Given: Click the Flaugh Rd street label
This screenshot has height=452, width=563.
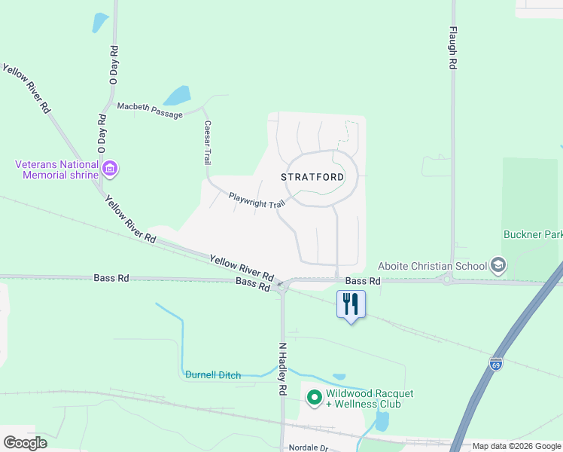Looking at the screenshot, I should click(453, 49).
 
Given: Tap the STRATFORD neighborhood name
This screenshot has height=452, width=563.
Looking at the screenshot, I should click(312, 178).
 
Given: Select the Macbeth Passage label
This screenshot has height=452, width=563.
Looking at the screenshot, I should click(150, 111).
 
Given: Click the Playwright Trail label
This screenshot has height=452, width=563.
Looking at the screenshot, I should click(257, 200).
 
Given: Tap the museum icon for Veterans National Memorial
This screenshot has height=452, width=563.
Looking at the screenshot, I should click(110, 167).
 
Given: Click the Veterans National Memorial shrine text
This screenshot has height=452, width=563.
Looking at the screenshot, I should click(57, 169).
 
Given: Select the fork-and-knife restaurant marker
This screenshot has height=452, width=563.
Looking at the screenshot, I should click(350, 304).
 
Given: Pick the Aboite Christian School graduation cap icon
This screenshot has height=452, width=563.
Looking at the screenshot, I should click(497, 264).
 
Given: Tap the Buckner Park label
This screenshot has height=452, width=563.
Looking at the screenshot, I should click(532, 235).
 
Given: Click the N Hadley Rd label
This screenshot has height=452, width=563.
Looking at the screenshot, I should click(283, 369).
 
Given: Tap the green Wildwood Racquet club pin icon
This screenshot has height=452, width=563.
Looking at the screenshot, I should click(313, 396).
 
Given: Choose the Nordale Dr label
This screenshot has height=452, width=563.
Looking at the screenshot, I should click(309, 447).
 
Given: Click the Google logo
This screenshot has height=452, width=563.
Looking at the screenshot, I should click(25, 443).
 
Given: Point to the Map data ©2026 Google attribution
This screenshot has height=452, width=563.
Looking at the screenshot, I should click(516, 446).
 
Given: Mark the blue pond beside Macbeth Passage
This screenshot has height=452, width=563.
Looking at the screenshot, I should click(178, 96).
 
